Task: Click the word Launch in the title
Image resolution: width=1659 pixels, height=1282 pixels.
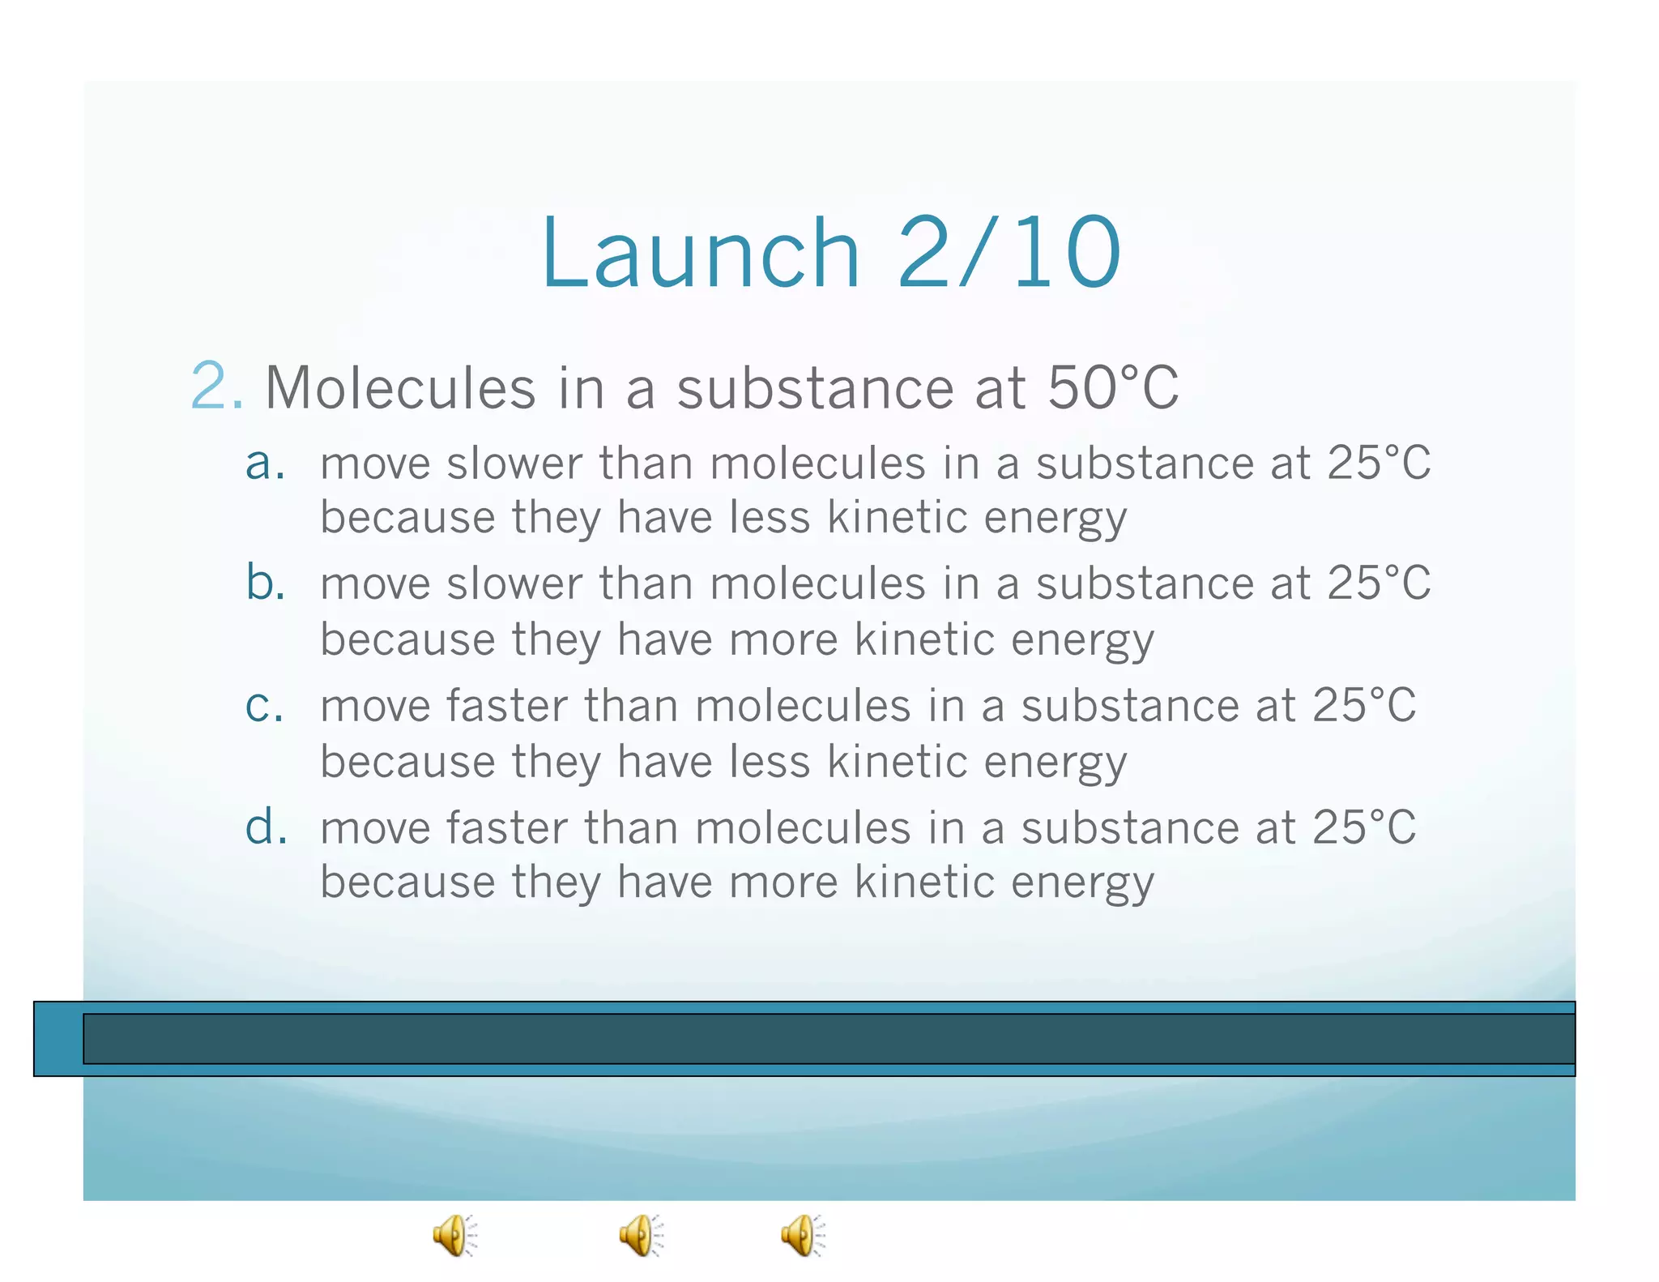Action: pos(700,253)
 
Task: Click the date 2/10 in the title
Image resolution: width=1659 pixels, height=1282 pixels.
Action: pos(1009,253)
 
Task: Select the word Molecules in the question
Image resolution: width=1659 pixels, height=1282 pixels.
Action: pos(400,388)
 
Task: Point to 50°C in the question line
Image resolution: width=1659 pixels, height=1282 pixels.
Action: pos(1113,388)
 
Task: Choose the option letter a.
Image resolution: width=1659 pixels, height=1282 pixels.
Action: pos(265,464)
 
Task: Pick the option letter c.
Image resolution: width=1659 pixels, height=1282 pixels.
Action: pos(265,705)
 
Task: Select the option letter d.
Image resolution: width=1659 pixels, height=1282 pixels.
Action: pos(266,827)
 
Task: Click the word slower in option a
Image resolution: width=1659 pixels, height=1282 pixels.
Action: pos(514,464)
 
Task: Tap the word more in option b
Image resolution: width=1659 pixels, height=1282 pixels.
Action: pos(783,640)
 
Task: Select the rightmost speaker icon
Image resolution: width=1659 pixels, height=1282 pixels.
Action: pos(803,1235)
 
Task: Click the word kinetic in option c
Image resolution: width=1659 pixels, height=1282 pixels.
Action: pos(898,763)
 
